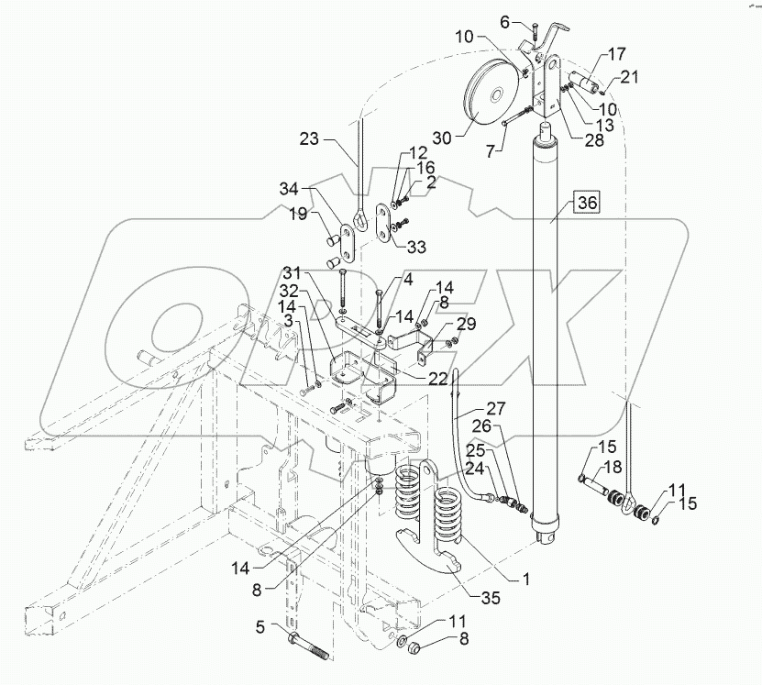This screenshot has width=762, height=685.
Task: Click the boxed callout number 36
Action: coord(586,203)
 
